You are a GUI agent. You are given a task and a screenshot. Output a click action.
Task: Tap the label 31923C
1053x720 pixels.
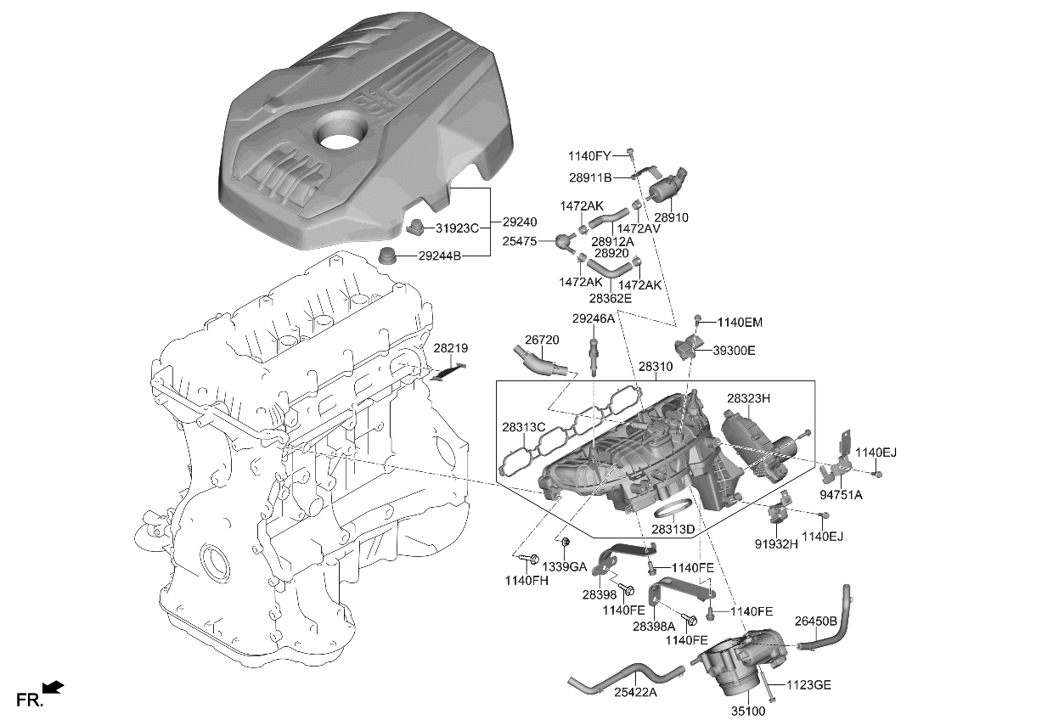458,228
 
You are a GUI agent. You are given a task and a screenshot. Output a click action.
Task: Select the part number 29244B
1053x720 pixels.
440,256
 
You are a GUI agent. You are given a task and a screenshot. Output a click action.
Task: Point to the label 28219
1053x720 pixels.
450,348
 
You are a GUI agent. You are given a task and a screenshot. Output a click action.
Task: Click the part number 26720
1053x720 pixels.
542,340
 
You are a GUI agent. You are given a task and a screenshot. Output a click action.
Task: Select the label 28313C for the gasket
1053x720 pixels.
523,427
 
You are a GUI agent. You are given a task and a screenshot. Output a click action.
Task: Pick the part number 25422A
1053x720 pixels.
636,692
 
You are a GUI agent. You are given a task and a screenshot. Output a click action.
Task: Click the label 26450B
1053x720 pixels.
816,621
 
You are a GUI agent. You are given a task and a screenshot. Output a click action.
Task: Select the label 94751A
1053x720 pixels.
841,495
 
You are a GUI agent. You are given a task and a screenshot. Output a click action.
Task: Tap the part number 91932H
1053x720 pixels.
776,544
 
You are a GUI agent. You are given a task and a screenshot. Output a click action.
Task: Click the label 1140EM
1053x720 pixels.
740,323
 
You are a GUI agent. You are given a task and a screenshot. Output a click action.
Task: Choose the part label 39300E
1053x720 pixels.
734,350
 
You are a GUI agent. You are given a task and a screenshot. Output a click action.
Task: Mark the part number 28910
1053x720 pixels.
671,217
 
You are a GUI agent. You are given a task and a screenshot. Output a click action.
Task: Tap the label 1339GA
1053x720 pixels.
565,566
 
